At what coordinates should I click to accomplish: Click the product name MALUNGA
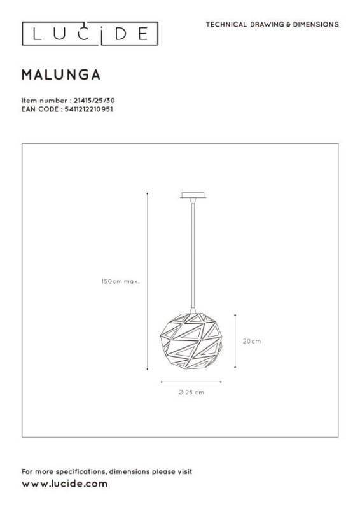61,75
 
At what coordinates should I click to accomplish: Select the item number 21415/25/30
94,101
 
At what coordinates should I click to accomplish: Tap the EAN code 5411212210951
88,109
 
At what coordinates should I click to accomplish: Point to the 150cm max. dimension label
120,281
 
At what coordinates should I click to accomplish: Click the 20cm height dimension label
252,341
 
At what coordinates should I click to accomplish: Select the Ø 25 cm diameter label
191,393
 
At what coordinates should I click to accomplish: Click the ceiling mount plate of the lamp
193,195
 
